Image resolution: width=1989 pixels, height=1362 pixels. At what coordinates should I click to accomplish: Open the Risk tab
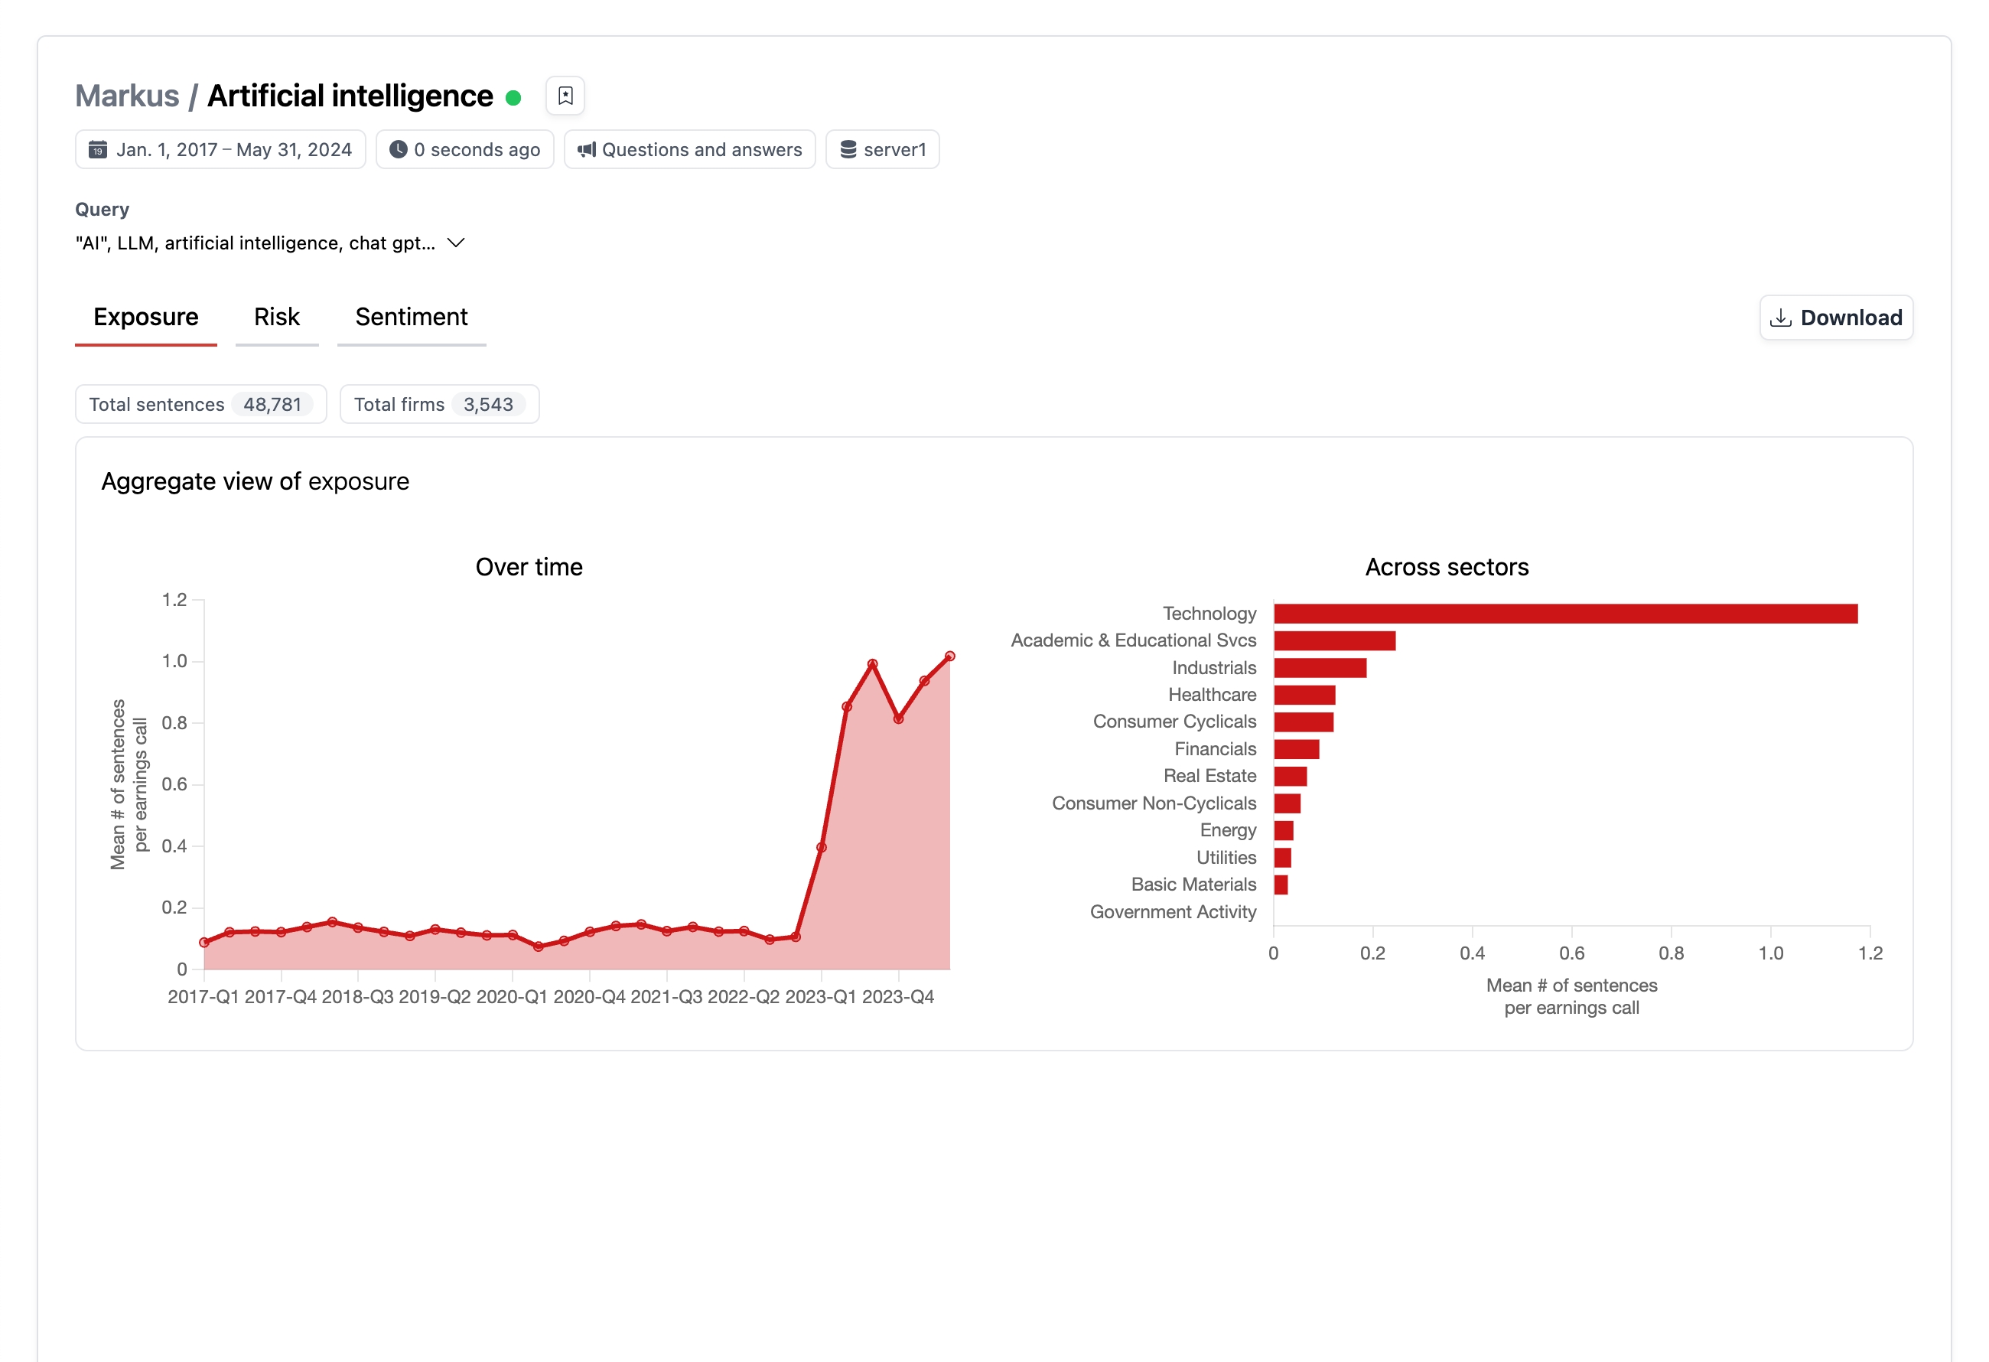[276, 318]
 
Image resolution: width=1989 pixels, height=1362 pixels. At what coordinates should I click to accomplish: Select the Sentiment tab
[411, 318]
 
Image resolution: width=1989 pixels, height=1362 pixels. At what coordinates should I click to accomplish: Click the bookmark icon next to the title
[565, 96]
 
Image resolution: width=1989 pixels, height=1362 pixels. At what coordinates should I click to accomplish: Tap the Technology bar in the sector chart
[1564, 614]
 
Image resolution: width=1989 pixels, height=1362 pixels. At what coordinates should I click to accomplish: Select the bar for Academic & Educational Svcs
[1333, 641]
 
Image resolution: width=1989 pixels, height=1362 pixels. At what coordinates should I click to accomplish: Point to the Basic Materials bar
[1281, 885]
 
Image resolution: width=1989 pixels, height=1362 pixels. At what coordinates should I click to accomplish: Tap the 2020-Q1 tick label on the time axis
[511, 996]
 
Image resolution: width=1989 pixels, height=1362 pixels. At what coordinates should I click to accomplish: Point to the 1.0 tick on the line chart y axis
[174, 661]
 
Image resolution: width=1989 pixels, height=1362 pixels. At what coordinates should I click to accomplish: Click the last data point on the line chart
[949, 657]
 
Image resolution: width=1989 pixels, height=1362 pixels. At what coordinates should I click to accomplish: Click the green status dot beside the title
[513, 98]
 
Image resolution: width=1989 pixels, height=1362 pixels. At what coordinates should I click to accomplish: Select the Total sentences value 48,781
[272, 404]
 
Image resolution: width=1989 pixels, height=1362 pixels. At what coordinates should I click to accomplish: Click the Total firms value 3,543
[488, 404]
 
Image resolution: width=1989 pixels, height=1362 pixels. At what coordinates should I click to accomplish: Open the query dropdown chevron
[456, 243]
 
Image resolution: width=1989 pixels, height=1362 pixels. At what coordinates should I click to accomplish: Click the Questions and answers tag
[690, 150]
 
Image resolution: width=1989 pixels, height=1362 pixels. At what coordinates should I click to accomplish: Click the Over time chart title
[528, 567]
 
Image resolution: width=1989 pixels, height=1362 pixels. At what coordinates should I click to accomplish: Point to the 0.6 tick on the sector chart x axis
[1571, 953]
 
